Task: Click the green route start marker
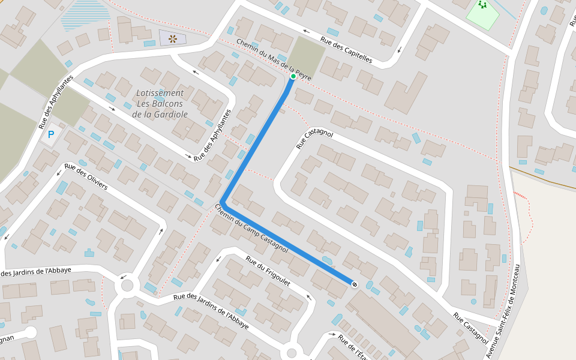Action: pyautogui.click(x=293, y=76)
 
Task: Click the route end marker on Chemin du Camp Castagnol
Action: pyautogui.click(x=355, y=284)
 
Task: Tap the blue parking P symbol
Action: pyautogui.click(x=50, y=135)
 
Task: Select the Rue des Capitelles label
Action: pyautogui.click(x=346, y=50)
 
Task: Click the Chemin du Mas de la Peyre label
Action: pyautogui.click(x=274, y=60)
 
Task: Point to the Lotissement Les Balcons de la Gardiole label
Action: pyautogui.click(x=160, y=103)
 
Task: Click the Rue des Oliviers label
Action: pyautogui.click(x=86, y=176)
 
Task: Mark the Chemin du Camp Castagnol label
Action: pyautogui.click(x=251, y=229)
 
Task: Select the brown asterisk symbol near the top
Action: pyautogui.click(x=173, y=39)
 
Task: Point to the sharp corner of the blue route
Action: pyautogui.click(x=223, y=202)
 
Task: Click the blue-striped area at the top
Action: pyautogui.click(x=85, y=15)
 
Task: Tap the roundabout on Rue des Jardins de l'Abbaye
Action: pyautogui.click(x=127, y=285)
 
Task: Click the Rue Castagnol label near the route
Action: pyautogui.click(x=314, y=138)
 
